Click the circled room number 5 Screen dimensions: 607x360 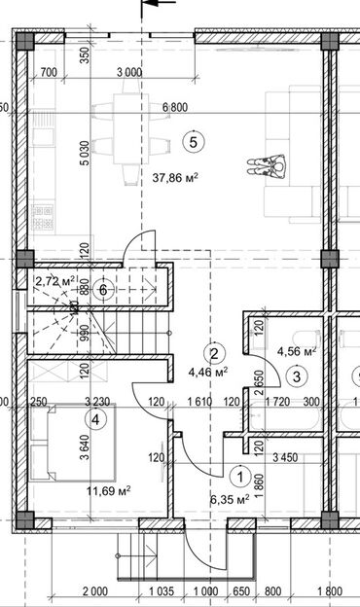point(194,142)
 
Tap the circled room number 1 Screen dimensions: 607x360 point(239,477)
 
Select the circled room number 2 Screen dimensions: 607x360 point(218,353)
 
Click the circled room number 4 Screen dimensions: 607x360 point(95,419)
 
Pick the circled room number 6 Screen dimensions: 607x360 point(104,288)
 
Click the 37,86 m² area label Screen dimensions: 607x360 point(176,178)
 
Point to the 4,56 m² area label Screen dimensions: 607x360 point(297,351)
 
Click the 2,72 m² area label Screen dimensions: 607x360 point(54,281)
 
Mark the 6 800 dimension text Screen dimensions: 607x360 point(176,106)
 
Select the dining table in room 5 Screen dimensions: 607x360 point(127,137)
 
